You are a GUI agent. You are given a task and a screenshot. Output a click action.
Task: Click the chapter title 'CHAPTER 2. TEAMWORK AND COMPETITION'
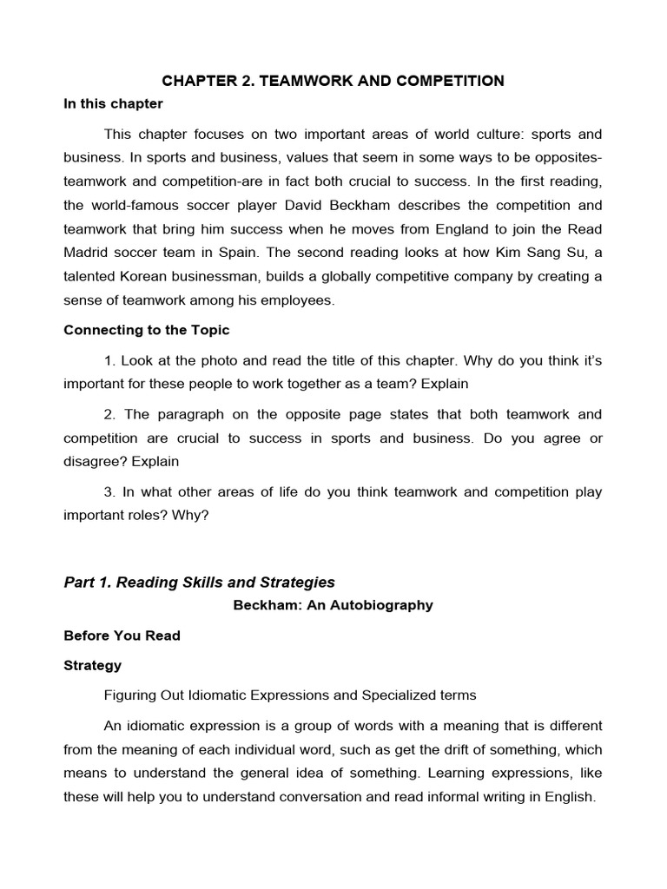point(333,81)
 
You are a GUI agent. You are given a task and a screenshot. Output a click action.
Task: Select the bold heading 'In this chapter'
point(113,104)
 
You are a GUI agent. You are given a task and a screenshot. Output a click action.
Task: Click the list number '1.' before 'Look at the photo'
point(109,359)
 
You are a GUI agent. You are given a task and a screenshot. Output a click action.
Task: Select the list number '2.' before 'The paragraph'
point(109,414)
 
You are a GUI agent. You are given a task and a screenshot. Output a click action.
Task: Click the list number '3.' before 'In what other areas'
point(109,491)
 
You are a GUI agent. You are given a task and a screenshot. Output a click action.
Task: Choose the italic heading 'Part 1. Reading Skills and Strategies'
point(199,583)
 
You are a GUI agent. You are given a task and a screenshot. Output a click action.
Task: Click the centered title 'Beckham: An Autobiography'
point(333,605)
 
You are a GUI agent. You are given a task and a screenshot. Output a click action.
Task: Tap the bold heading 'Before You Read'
point(122,635)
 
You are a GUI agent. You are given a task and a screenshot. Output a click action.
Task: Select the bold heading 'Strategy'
point(93,666)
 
